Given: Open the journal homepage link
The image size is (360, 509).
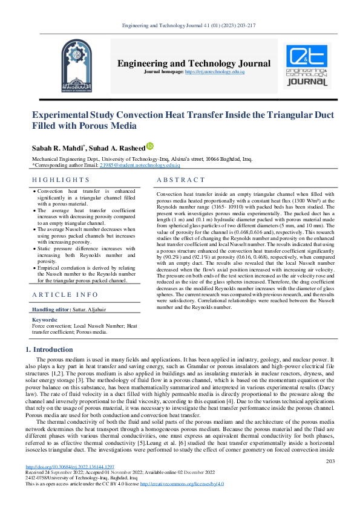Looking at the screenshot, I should [214, 72].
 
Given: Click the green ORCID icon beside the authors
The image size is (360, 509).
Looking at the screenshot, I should [150, 146].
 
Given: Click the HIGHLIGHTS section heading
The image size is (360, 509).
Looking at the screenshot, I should [61, 180].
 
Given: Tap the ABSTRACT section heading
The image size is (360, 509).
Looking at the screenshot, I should [181, 180].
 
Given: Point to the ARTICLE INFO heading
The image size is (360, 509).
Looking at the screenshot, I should [65, 294].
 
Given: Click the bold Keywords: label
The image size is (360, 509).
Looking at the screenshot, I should [44, 319].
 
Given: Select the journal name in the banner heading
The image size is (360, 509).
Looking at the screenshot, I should [194, 63].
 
